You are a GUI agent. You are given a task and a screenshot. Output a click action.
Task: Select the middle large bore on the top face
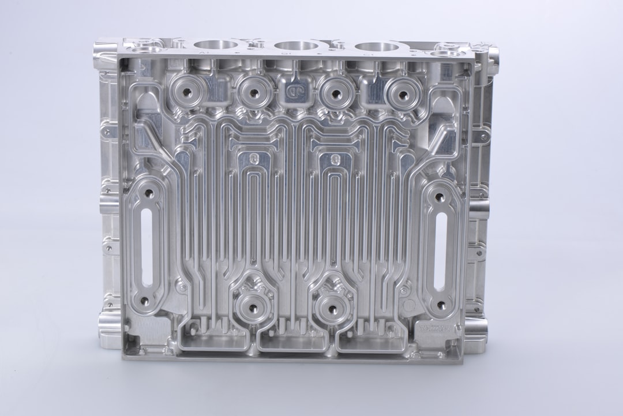point(296,45)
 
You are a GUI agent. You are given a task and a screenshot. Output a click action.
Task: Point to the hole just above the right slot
point(440,197)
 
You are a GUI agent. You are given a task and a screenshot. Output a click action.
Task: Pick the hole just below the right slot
point(441,305)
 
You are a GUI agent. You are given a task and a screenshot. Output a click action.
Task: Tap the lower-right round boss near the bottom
point(333,306)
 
